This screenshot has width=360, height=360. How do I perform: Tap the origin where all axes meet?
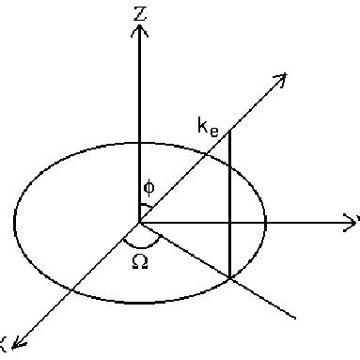[x=139, y=223]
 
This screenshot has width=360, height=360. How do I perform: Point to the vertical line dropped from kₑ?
[x=230, y=207]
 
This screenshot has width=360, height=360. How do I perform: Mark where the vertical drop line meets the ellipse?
[x=230, y=276]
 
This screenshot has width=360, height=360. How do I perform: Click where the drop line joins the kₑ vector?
[x=230, y=133]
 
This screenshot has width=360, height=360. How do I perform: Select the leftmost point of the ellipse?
[x=14, y=223]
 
